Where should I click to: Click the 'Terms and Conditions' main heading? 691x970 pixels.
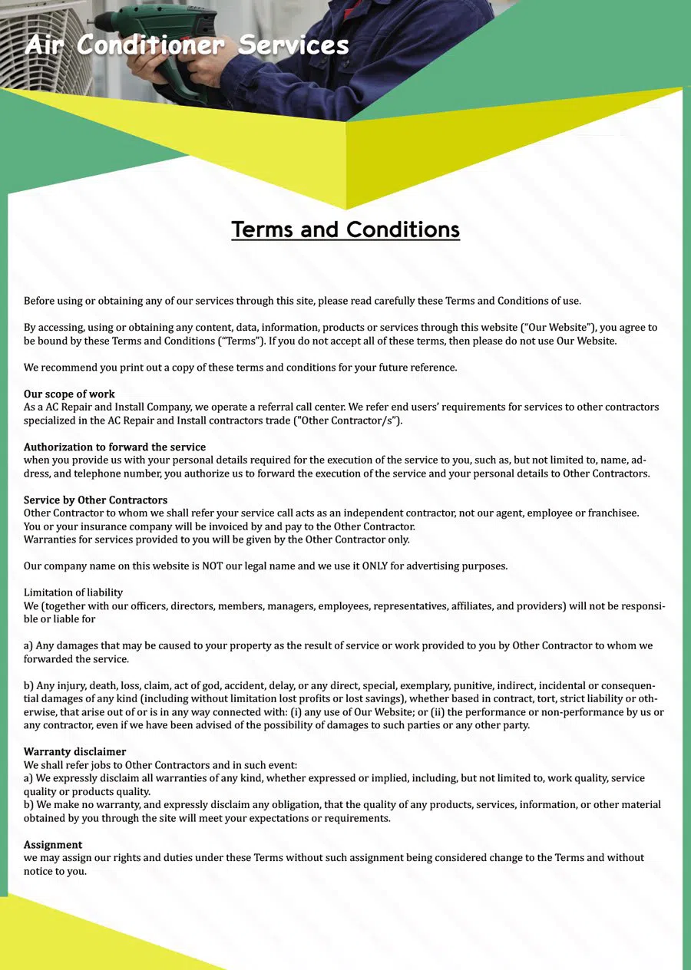tap(345, 229)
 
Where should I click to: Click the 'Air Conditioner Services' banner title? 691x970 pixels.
tap(187, 45)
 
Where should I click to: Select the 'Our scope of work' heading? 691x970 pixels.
tap(69, 394)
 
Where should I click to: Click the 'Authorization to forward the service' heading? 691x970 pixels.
tap(114, 447)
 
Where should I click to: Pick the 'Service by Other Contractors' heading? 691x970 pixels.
tap(95, 500)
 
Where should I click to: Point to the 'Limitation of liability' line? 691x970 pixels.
tap(73, 592)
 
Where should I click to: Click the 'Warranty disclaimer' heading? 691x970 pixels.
tap(74, 751)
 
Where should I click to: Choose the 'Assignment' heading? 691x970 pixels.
tap(53, 844)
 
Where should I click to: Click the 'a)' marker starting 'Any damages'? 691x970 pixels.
tap(29, 645)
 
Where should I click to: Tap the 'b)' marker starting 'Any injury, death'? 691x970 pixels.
tap(29, 685)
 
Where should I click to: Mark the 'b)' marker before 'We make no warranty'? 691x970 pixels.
tap(29, 804)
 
